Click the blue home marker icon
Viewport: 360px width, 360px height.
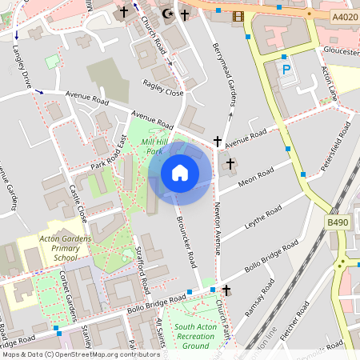click(x=180, y=173)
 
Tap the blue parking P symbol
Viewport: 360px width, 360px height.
click(x=286, y=70)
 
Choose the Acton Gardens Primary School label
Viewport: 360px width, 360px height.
click(x=66, y=248)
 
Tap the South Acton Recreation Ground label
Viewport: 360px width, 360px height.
click(x=196, y=337)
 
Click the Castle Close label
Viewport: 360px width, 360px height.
click(x=78, y=203)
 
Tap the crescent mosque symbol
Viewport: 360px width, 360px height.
click(x=168, y=14)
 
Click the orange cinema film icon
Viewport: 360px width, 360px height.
click(x=238, y=15)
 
